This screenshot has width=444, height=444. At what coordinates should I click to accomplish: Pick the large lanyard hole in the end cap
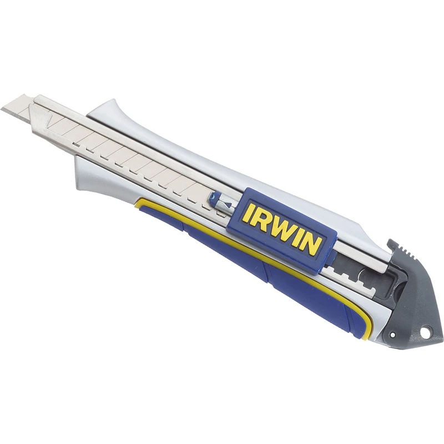422,330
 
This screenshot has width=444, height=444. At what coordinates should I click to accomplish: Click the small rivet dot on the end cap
392,335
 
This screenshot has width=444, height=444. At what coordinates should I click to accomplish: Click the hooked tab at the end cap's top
392,244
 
